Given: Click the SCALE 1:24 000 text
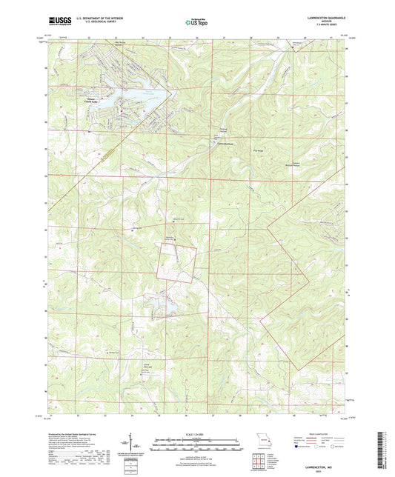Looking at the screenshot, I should pyautogui.click(x=196, y=433).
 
